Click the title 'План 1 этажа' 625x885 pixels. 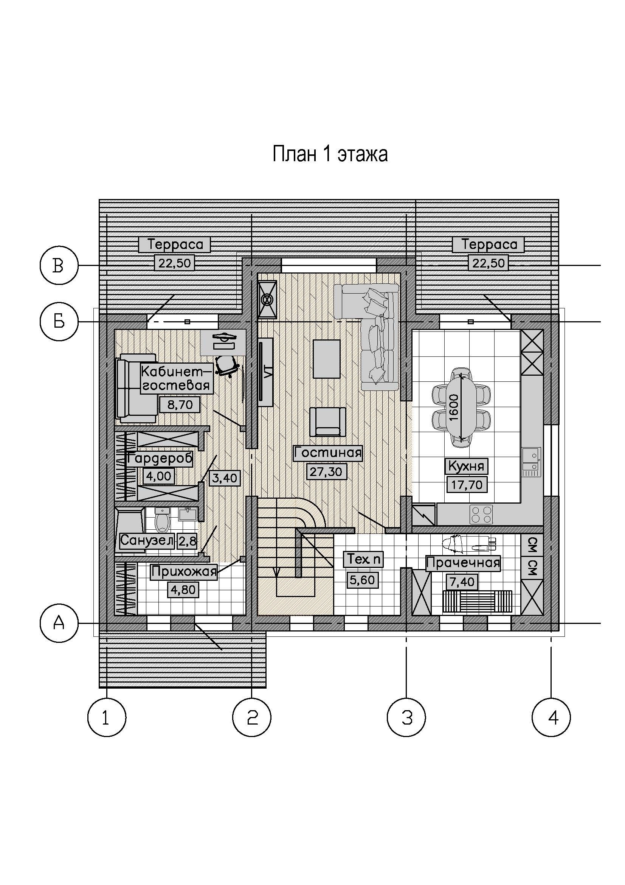tap(330, 154)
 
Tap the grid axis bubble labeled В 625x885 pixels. tap(59, 266)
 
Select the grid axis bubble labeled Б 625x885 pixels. tap(59, 321)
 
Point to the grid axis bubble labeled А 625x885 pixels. tap(59, 623)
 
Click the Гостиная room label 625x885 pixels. tap(328, 453)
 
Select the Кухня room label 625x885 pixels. tap(466, 467)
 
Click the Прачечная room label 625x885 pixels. tap(463, 563)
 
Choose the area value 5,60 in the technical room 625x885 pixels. tap(362, 580)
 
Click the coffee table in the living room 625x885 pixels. tap(327, 359)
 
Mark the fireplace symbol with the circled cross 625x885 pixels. tap(267, 300)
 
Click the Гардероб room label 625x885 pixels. tap(160, 459)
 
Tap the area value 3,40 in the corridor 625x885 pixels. tap(225, 478)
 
